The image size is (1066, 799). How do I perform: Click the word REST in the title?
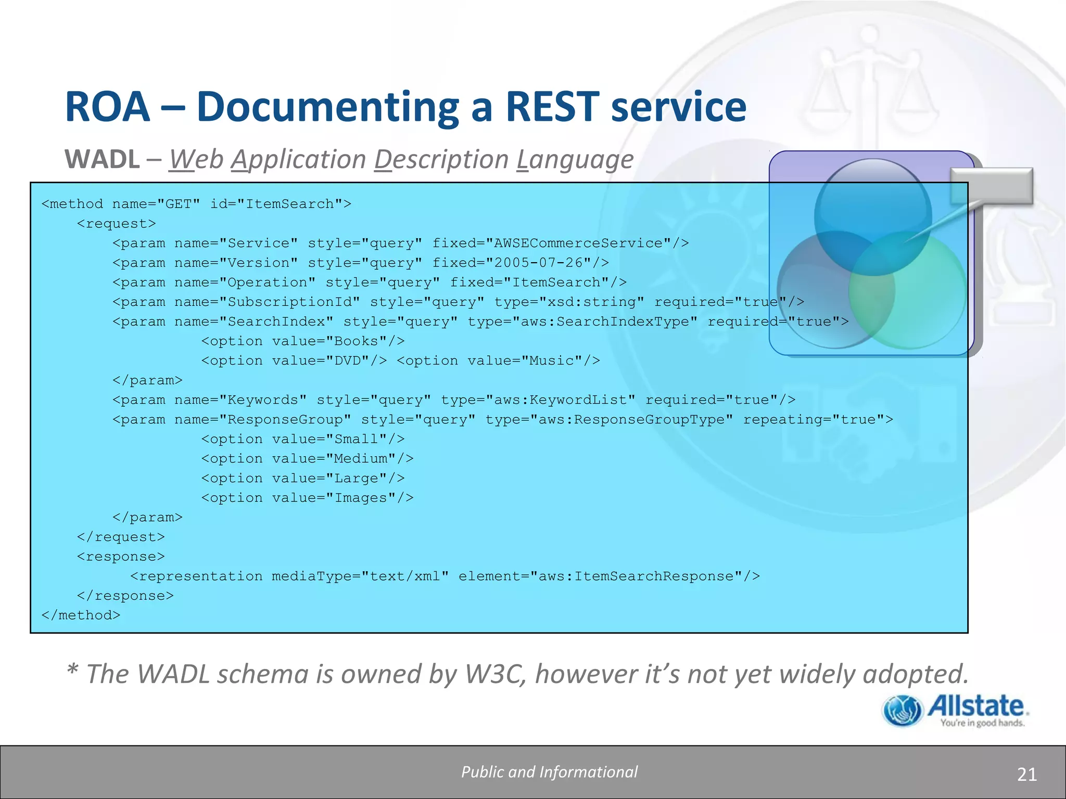coord(552,107)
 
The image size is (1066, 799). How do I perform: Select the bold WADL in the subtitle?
coord(102,159)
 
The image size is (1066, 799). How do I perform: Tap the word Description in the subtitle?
coord(441,159)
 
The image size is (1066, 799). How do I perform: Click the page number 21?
coord(1026,774)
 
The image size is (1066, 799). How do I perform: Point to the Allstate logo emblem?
coord(903,711)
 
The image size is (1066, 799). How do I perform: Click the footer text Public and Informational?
coord(549,772)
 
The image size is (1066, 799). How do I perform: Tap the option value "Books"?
coord(356,341)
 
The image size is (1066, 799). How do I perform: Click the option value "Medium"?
coord(361,459)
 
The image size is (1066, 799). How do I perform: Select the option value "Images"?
coord(361,498)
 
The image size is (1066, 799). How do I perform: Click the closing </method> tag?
coord(81,615)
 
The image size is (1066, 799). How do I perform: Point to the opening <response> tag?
coord(121,557)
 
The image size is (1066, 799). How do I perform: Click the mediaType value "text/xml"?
coord(405,576)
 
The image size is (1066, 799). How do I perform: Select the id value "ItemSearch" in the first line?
coord(289,204)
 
